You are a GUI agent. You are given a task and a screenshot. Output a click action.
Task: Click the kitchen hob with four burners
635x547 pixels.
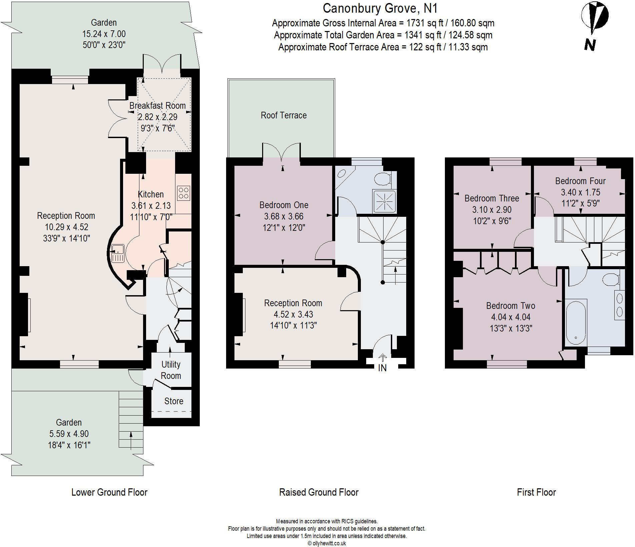pyautogui.click(x=183, y=193)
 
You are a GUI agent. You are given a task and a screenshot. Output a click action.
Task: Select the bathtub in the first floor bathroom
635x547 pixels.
pyautogui.click(x=576, y=322)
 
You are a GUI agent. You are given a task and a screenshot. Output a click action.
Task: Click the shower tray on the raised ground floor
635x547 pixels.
pyautogui.click(x=385, y=201)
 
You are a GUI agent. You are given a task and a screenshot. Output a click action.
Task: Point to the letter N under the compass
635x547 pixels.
pyautogui.click(x=590, y=45)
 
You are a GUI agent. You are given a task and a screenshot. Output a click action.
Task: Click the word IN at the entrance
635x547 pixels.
pyautogui.click(x=382, y=368)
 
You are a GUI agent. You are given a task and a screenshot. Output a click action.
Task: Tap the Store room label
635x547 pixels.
pyautogui.click(x=173, y=401)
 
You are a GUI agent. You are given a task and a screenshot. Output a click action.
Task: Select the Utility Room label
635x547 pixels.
pyautogui.click(x=171, y=370)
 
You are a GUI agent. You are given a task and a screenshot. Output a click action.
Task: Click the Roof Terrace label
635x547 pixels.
pyautogui.click(x=283, y=115)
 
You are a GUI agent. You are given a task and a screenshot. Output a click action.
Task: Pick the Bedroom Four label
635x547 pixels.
pyautogui.click(x=580, y=181)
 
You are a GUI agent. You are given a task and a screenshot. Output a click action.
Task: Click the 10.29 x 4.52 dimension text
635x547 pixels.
pyautogui.click(x=66, y=227)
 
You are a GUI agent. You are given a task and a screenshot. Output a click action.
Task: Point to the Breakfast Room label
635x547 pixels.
pyautogui.click(x=157, y=106)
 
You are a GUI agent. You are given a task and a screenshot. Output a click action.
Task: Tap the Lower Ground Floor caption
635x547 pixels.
pyautogui.click(x=109, y=492)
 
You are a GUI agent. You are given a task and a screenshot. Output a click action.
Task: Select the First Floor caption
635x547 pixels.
pyautogui.click(x=536, y=492)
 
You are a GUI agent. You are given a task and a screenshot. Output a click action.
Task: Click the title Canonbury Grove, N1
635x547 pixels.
pyautogui.click(x=380, y=8)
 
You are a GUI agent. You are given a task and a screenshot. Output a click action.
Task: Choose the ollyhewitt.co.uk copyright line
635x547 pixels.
pyautogui.click(x=327, y=543)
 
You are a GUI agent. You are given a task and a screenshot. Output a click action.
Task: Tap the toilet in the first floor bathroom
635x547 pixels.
pyautogui.click(x=611, y=279)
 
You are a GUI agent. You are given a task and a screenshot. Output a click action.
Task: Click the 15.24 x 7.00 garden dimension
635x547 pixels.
pyautogui.click(x=104, y=34)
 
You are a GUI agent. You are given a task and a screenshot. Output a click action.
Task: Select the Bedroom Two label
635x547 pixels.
pyautogui.click(x=510, y=306)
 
